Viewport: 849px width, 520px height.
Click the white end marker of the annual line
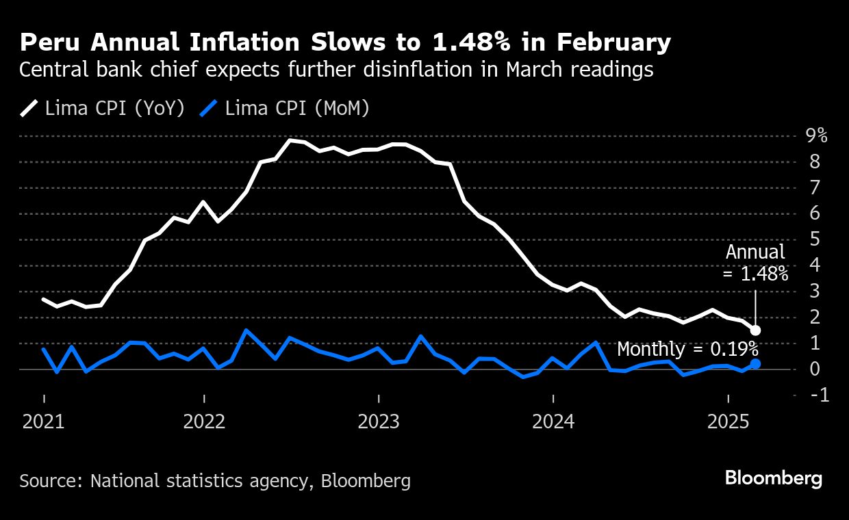coord(755,330)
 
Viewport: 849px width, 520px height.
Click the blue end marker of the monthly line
coord(755,364)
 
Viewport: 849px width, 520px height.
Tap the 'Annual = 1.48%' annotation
coord(755,264)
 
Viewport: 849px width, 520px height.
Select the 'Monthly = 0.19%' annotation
coord(687,349)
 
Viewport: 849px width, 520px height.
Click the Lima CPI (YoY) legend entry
coord(103,108)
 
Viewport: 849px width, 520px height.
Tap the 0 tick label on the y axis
coord(815,369)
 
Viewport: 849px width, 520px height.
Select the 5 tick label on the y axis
coord(815,239)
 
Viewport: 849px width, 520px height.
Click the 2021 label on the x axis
coord(43,421)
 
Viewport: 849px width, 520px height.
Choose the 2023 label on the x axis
coord(379,421)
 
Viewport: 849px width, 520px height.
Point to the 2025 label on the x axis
coord(728,421)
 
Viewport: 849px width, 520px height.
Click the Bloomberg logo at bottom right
coord(773,478)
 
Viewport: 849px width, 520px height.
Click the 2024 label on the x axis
coord(553,421)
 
